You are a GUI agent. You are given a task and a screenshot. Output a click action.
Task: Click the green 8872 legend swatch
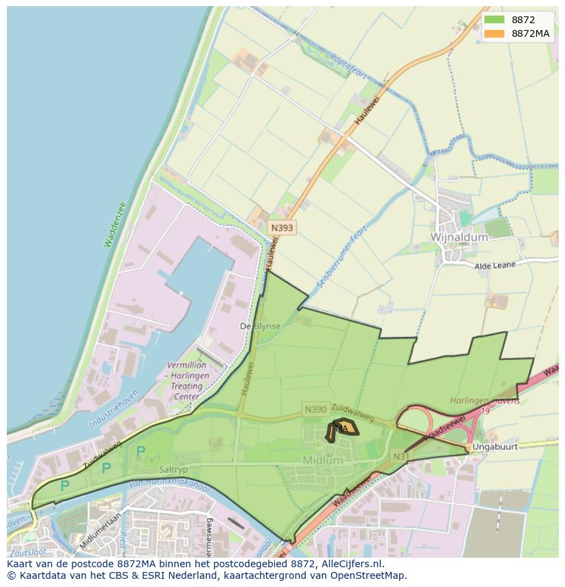[496, 19]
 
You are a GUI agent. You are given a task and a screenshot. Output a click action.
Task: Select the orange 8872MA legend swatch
[496, 33]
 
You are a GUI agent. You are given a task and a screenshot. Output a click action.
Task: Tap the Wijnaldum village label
[459, 237]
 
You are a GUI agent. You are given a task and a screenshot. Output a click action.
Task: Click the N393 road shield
[282, 228]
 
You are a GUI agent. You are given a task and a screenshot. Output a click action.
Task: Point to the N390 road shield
[315, 409]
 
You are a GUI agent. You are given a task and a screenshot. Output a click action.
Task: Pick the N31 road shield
[401, 455]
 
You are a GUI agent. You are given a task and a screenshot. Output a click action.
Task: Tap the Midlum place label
[323, 460]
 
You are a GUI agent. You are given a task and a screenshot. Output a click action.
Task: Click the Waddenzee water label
[115, 224]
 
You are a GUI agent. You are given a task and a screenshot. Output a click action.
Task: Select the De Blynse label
[260, 327]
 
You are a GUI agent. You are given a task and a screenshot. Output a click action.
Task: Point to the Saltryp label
[173, 470]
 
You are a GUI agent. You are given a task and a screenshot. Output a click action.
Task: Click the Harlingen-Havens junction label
[484, 401]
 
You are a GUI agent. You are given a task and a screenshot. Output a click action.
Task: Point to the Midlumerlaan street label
[100, 531]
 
